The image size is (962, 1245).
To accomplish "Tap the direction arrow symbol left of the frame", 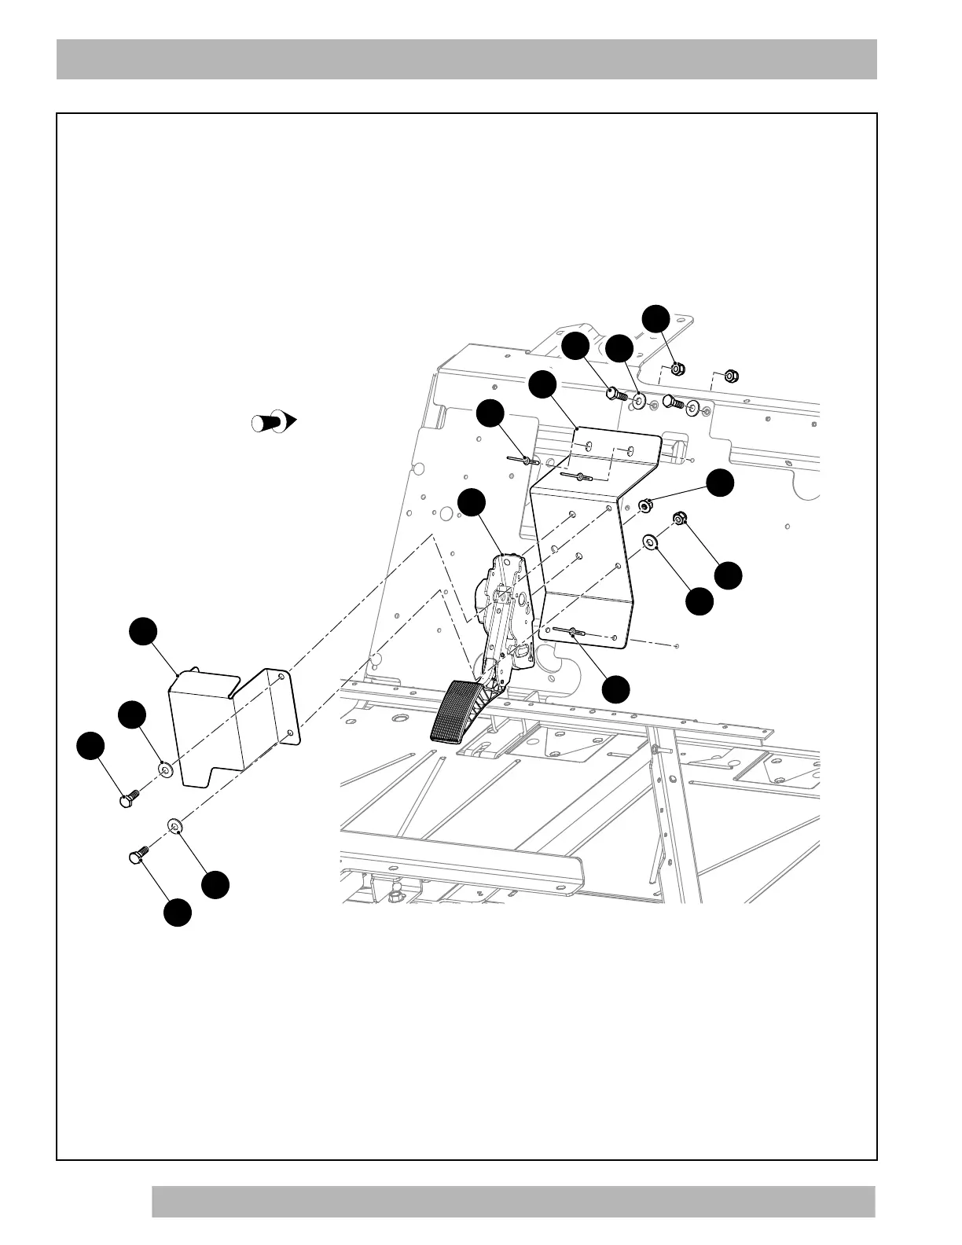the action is click(x=272, y=421).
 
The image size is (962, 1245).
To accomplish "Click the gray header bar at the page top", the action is click(x=466, y=59).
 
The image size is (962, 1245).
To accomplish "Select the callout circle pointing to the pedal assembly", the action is click(x=471, y=502).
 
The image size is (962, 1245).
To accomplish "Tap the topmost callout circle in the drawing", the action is click(x=655, y=318).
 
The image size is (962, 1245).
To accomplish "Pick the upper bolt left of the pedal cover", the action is click(x=127, y=799).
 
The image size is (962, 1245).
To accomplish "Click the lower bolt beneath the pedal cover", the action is click(x=138, y=855).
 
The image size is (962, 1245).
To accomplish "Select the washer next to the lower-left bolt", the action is click(x=175, y=824).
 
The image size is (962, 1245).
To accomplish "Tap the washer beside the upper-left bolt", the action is click(x=165, y=769).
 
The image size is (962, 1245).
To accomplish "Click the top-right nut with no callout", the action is click(x=729, y=376).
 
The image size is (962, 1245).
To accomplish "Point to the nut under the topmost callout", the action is click(x=678, y=367).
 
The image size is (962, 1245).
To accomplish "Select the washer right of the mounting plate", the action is click(x=651, y=542).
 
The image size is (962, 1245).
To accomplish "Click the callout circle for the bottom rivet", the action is click(x=615, y=689).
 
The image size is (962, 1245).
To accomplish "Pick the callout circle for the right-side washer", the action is click(x=699, y=602).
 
